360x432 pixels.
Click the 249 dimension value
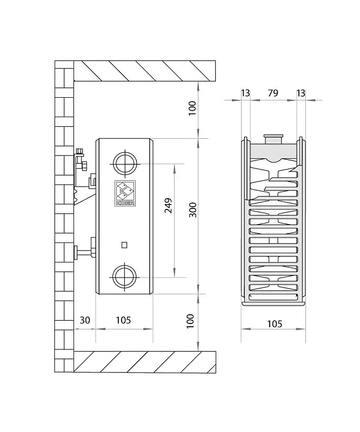(x=168, y=205)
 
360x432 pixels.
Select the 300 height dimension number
(x=193, y=210)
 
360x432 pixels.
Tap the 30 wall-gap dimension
(x=85, y=320)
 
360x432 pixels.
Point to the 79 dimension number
(x=273, y=93)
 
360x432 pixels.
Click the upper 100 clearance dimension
(x=192, y=108)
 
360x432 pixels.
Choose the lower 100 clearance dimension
(x=190, y=321)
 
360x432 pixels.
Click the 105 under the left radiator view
(x=123, y=320)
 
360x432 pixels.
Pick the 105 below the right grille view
(x=275, y=323)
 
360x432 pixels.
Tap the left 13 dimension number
(x=245, y=93)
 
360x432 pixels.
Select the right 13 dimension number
(x=301, y=93)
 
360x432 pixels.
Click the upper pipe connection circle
(x=125, y=164)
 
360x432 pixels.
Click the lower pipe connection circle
(x=125, y=277)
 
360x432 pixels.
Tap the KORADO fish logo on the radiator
(x=125, y=193)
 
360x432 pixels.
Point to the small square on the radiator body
(x=124, y=245)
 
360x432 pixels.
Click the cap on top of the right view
(x=274, y=139)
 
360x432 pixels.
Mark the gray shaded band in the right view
(x=273, y=152)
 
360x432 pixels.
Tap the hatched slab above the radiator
(x=144, y=71)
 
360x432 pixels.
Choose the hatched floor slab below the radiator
(x=144, y=362)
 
